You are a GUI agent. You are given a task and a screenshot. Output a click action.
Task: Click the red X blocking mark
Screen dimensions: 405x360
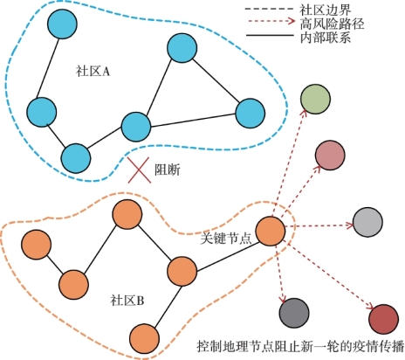click(x=140, y=170)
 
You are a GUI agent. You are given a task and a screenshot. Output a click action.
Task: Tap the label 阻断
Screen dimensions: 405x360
click(x=168, y=170)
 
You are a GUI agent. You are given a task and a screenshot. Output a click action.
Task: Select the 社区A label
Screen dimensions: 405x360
click(x=93, y=71)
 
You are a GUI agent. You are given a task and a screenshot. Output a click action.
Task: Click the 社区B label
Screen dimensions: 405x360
click(x=127, y=300)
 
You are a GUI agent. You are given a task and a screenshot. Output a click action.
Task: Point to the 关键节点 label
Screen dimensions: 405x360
click(x=226, y=239)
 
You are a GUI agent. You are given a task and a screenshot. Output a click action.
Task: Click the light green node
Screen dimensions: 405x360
click(x=315, y=100)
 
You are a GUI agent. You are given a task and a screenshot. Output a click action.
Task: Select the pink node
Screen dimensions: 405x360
click(x=330, y=155)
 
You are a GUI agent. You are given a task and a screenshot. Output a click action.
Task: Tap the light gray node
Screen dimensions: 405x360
click(x=367, y=222)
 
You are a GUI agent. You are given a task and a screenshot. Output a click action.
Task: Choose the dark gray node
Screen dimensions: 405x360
click(x=294, y=313)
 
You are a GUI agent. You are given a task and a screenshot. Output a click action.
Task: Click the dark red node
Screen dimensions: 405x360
click(x=383, y=319)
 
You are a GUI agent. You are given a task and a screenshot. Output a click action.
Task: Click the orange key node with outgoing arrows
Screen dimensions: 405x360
click(x=271, y=232)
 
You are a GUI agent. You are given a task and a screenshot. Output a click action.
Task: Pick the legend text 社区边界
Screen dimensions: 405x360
click(x=326, y=10)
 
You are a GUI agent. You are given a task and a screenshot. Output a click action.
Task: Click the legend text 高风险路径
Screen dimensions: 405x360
click(x=332, y=24)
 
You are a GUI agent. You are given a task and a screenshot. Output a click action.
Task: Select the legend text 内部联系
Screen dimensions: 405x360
click(x=326, y=38)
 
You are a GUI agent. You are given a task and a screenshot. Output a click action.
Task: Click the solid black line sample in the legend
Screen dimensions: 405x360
click(x=270, y=36)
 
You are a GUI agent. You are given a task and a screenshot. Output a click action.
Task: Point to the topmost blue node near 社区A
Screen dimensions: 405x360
click(x=62, y=24)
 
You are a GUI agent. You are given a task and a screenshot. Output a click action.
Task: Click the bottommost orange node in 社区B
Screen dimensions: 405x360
click(x=144, y=338)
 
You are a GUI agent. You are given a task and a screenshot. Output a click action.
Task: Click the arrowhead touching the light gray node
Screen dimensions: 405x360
click(x=350, y=225)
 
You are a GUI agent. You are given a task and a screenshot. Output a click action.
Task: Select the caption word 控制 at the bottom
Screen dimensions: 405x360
click(x=209, y=347)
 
